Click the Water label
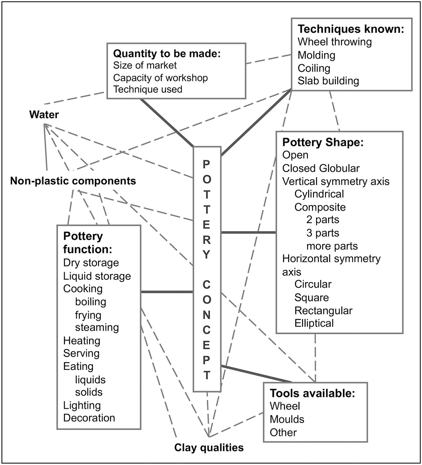[44, 115]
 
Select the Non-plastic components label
[73, 181]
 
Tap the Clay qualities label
[209, 448]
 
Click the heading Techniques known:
[351, 29]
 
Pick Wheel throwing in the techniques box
[335, 42]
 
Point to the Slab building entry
[328, 81]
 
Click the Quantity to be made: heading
[167, 53]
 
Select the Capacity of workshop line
[160, 78]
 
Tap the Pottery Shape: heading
[323, 142]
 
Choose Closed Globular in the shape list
[321, 168]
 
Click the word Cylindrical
[319, 194]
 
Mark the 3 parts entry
[323, 233]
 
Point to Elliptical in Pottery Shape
[314, 323]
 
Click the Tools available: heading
[312, 393]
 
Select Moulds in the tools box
[287, 419]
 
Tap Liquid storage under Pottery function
[97, 276]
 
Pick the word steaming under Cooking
[97, 327]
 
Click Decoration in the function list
[89, 418]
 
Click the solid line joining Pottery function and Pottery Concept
[167, 292]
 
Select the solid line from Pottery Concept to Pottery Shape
[248, 232]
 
